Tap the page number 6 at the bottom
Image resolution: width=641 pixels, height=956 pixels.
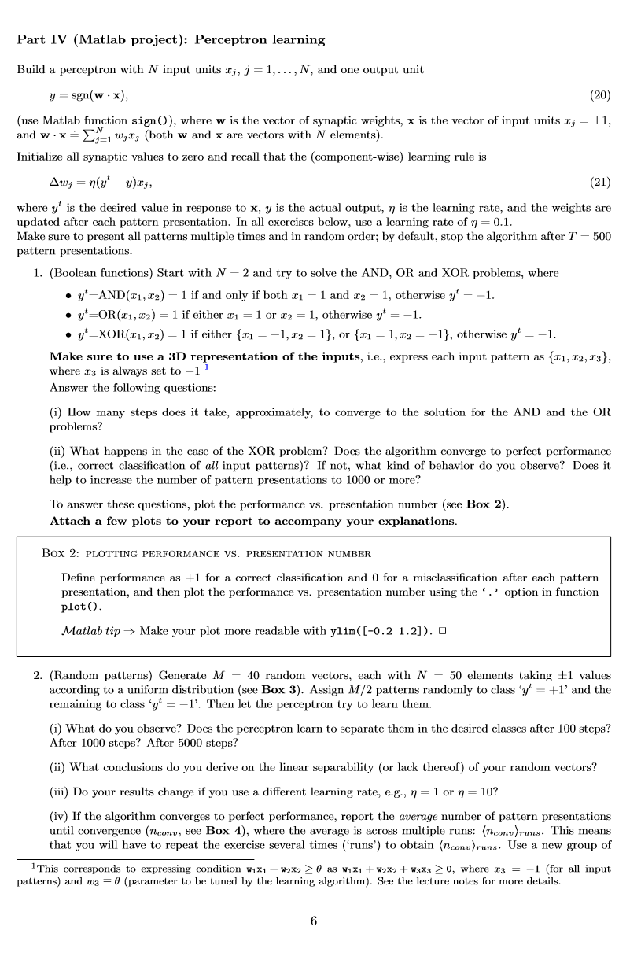314,921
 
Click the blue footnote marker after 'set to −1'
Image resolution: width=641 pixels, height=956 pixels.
206,367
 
